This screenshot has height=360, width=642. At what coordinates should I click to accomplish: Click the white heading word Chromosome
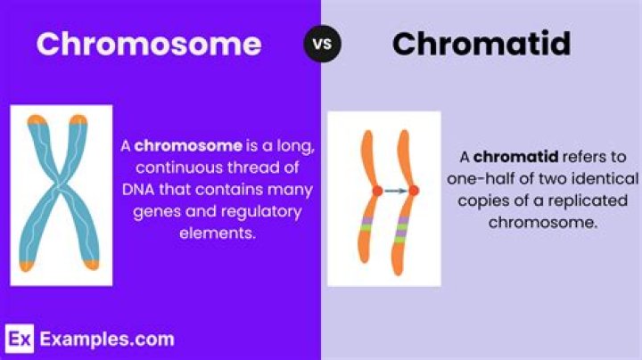coord(149,44)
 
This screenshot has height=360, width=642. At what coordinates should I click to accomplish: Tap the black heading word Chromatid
coord(481,44)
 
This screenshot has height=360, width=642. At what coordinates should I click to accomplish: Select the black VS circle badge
coord(322,44)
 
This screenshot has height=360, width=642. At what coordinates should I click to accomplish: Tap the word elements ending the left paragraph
coord(218,233)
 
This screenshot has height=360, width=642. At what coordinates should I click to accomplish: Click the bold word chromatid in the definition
coord(515,157)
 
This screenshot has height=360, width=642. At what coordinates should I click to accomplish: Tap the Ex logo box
coord(20,339)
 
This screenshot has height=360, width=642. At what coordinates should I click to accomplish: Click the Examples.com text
coord(107,340)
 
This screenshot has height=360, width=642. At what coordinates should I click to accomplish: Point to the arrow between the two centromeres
coord(396,191)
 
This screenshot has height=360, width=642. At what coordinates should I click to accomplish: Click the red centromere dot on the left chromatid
coord(377,191)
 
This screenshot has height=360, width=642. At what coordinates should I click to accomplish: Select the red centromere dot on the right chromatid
coord(414,190)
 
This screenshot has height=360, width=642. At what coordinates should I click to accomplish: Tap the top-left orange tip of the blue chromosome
coord(37,119)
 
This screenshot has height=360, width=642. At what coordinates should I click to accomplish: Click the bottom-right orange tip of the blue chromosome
coord(92,265)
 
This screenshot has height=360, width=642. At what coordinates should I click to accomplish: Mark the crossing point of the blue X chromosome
coord(60,185)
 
